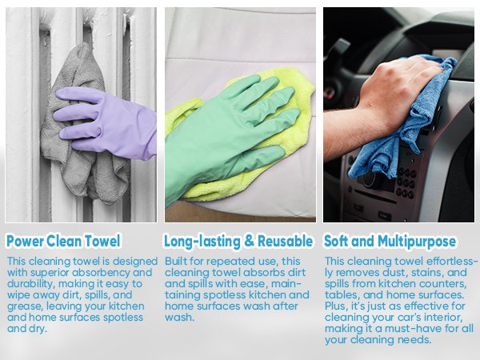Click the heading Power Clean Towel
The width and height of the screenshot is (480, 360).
[x=63, y=241]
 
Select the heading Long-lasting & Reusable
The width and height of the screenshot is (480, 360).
[x=238, y=242]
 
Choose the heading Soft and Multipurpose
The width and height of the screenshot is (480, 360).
[x=390, y=242]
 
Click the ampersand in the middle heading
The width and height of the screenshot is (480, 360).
[x=249, y=242]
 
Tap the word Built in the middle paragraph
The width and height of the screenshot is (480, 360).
[x=176, y=261]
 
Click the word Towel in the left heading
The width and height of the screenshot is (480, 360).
[x=102, y=241]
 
